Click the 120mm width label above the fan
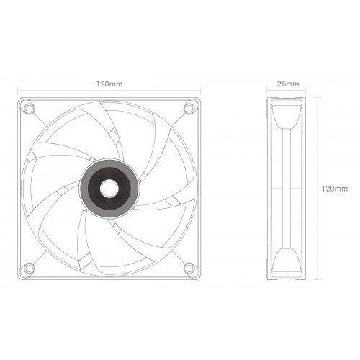[109, 84]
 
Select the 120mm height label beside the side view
[335, 188]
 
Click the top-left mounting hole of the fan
[29, 108]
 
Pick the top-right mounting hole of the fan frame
[189, 108]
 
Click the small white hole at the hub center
[109, 188]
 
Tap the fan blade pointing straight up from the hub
[115, 133]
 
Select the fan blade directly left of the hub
[54, 184]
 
